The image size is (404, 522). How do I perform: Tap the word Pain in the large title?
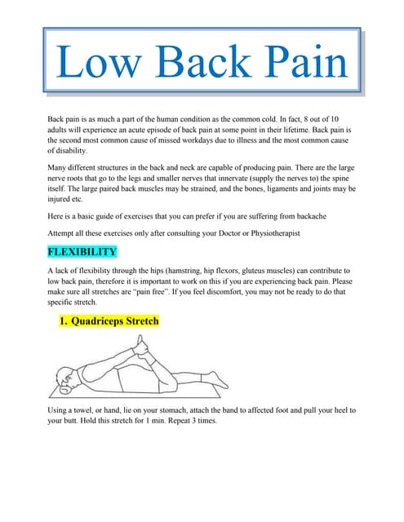(x=301, y=64)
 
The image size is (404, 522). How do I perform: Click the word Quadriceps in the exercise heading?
(x=102, y=321)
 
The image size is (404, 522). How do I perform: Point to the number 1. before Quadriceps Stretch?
(x=64, y=321)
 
